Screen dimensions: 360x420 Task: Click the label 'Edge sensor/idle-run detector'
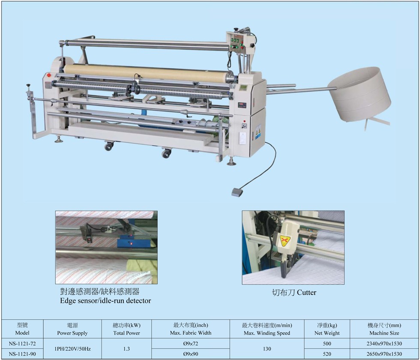click(x=105, y=301)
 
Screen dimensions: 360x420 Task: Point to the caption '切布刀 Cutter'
click(x=294, y=293)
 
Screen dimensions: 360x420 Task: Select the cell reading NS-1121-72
click(x=22, y=344)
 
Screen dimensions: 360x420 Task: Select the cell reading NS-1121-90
click(x=22, y=354)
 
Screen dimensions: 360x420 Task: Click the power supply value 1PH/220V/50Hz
click(x=72, y=349)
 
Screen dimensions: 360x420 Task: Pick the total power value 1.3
click(x=126, y=349)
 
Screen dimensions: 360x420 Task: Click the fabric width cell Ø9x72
click(x=191, y=344)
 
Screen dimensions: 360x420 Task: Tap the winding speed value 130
click(x=267, y=349)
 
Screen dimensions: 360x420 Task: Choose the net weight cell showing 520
click(x=327, y=354)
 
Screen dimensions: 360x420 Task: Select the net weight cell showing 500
click(x=327, y=344)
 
